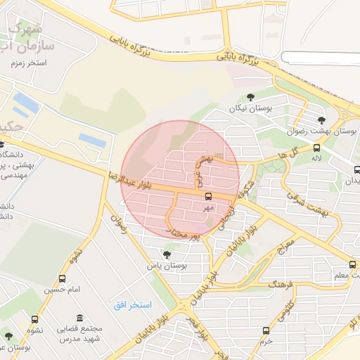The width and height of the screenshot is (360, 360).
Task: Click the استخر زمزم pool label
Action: [28, 63]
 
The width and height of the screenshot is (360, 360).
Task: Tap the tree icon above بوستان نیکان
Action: [251, 97]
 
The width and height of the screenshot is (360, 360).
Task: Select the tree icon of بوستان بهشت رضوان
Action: [322, 120]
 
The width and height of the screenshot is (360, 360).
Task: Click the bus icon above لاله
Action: [316, 148]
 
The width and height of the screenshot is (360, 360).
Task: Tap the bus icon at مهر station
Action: [208, 196]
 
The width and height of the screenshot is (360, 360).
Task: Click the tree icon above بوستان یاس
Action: [167, 255]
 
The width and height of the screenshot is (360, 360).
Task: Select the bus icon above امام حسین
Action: [63, 279]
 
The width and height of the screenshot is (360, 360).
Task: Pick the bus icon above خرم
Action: [266, 330]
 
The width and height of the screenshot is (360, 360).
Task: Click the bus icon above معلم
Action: [352, 265]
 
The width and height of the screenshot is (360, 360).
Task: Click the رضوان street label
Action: [117, 224]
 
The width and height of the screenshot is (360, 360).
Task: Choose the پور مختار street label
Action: [185, 234]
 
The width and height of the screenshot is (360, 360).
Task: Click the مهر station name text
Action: [208, 208]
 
